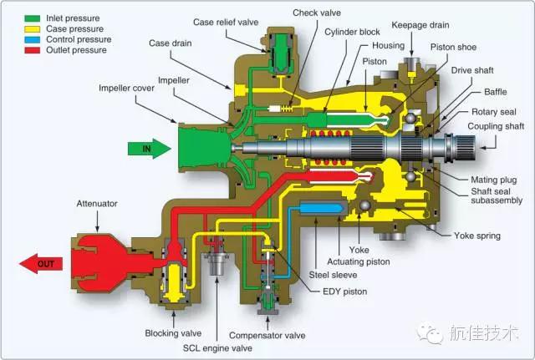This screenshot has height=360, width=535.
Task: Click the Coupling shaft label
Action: (497, 126)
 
